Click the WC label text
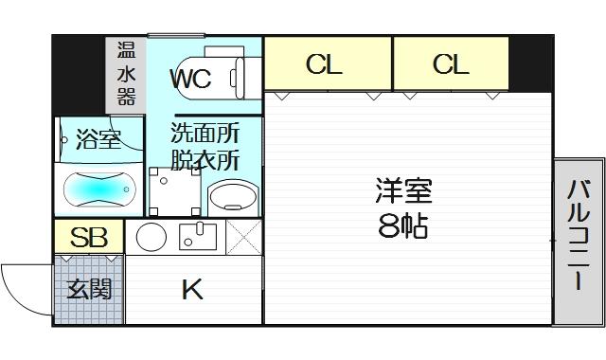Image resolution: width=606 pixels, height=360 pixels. click(x=190, y=79)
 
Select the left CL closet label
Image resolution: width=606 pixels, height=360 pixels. click(x=324, y=64)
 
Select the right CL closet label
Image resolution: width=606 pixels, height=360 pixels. click(x=451, y=64)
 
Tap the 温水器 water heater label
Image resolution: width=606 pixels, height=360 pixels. click(x=126, y=73)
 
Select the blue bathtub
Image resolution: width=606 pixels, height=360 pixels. click(x=98, y=189)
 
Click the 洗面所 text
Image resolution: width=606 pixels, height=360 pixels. click(x=205, y=132)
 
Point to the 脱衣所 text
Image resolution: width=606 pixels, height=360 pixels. click(x=205, y=158)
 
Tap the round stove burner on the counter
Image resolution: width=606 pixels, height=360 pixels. click(x=151, y=237)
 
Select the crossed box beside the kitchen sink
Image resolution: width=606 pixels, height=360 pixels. click(x=243, y=237)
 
